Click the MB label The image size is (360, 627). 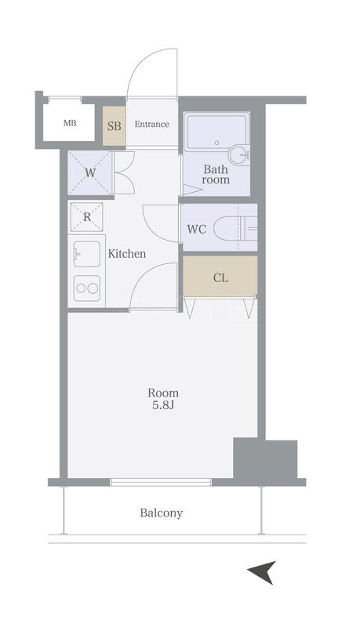(x=70, y=123)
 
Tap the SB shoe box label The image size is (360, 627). (x=114, y=126)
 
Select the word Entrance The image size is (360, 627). (x=151, y=125)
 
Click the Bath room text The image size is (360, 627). (x=216, y=174)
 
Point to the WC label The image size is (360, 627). (x=197, y=230)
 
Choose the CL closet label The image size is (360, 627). (x=220, y=277)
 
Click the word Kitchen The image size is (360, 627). (x=127, y=253)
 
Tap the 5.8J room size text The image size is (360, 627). (x=163, y=405)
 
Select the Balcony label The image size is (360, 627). (x=162, y=513)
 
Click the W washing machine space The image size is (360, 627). (x=90, y=172)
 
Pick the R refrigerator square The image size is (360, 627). (x=87, y=217)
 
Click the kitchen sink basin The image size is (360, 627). (x=87, y=254)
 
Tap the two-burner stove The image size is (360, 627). (x=87, y=288)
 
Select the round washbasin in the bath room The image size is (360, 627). (x=238, y=154)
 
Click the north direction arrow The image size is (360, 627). (x=262, y=573)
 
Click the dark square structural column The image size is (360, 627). (x=265, y=460)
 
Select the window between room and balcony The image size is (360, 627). (x=161, y=482)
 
